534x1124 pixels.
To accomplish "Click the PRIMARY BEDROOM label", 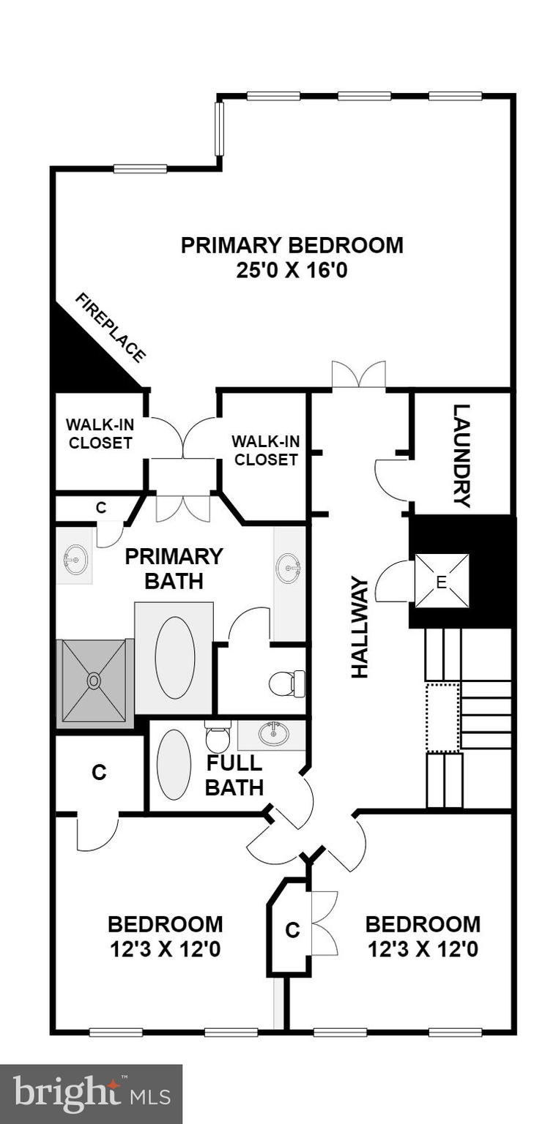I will [x=292, y=244].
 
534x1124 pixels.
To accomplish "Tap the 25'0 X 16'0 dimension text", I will [x=292, y=271].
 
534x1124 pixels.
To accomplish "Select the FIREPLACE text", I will [x=111, y=327].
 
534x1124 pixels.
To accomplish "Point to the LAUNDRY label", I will [x=461, y=455].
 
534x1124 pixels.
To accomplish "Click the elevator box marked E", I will [x=442, y=580].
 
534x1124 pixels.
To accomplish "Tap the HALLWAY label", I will [x=359, y=627].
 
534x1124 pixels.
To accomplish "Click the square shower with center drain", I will [x=94, y=681].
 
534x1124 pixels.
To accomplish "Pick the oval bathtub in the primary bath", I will [x=174, y=657].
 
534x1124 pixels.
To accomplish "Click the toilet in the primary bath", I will [x=286, y=683].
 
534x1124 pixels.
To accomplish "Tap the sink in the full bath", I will [x=273, y=734].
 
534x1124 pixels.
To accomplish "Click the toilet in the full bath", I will [x=218, y=736].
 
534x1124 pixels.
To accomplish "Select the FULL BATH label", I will [x=234, y=775].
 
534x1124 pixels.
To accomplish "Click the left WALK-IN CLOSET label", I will [x=99, y=434].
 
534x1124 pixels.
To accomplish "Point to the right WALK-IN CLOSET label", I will [x=264, y=450].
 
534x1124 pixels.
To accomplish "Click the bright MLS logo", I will [x=91, y=1094].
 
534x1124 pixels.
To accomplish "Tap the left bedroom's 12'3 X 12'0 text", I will [x=165, y=949].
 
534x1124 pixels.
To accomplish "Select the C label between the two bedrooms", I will [x=292, y=930].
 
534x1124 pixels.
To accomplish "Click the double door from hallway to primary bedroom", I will [x=358, y=375].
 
